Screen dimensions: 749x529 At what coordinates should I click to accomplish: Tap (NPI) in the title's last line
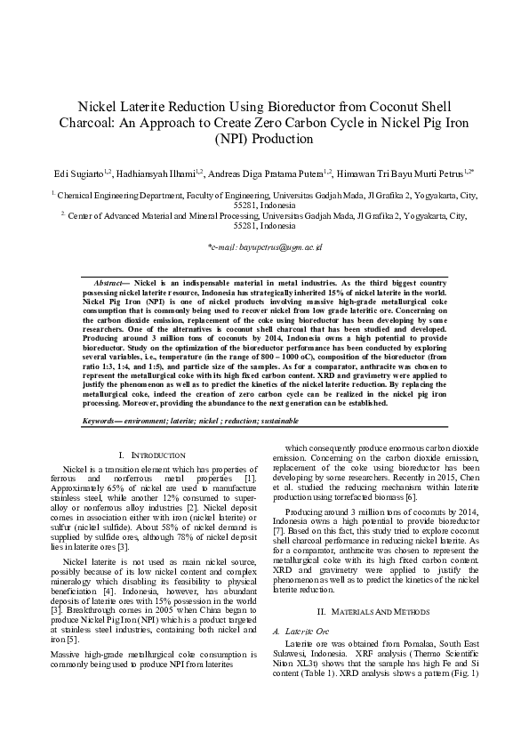click(232, 139)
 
